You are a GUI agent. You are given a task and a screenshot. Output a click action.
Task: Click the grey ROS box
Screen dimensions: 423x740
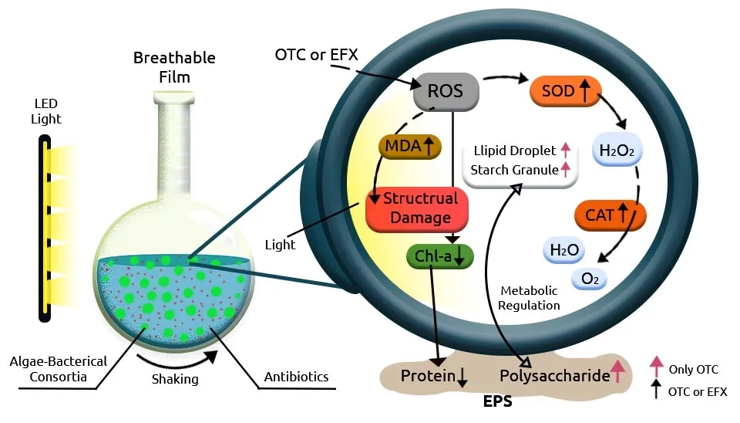[446, 92]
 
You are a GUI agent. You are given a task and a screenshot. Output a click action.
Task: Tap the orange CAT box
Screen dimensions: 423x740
[610, 215]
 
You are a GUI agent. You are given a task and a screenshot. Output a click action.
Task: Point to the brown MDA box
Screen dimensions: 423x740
[407, 147]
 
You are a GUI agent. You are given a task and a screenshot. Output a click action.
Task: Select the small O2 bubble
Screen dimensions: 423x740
[590, 279]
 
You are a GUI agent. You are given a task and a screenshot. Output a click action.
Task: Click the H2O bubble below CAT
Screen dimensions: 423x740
[564, 250]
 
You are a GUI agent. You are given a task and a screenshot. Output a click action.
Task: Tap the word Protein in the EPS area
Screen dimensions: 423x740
[428, 377]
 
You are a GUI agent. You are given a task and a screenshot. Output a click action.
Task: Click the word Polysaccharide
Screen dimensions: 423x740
[553, 377]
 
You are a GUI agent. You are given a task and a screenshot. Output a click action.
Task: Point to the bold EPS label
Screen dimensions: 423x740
[497, 402]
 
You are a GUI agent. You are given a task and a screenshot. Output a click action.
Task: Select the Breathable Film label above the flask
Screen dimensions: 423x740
[174, 67]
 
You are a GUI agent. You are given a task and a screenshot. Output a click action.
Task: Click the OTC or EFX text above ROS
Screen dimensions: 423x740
[317, 56]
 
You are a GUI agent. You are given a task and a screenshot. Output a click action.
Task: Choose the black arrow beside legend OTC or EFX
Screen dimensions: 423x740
[656, 390]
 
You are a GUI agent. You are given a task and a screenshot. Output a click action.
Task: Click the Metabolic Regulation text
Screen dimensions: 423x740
[529, 297]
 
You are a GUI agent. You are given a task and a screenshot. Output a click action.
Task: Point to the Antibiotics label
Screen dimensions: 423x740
[296, 377]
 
